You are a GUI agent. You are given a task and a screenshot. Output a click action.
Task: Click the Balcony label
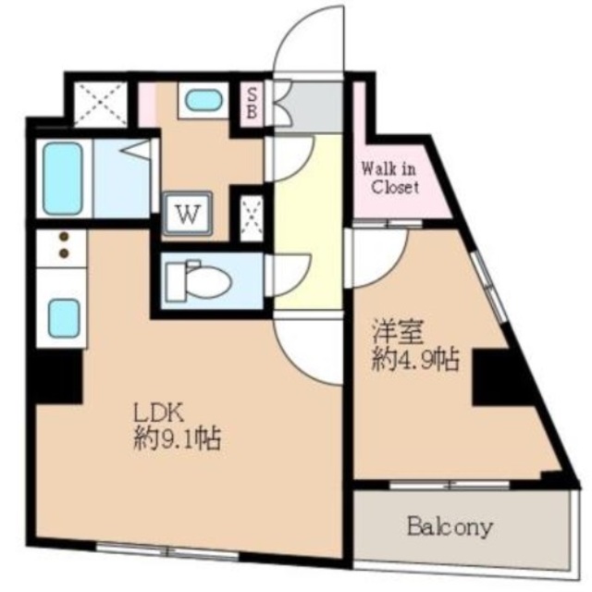click(450, 528)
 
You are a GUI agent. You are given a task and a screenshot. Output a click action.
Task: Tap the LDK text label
click(156, 410)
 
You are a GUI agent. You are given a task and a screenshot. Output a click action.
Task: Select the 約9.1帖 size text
click(175, 439)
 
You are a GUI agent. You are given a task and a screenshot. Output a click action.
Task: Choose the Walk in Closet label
click(389, 178)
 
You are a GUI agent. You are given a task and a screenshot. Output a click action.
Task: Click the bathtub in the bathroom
click(62, 177)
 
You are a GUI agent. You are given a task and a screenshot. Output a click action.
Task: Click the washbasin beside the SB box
click(198, 99)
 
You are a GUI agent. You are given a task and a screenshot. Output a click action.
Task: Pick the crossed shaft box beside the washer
click(249, 216)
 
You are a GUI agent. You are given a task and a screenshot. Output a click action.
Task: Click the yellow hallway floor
click(308, 231)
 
